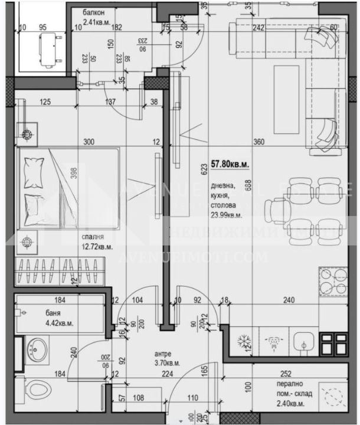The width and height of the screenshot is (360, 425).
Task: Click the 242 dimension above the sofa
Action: coord(258,27)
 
